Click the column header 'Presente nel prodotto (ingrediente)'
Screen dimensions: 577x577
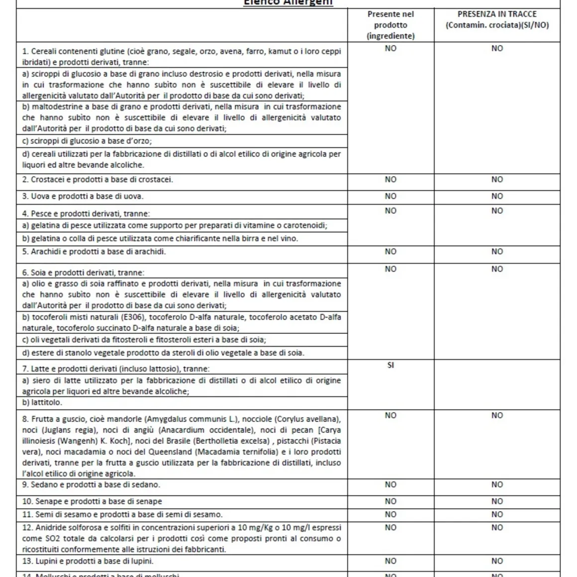coord(390,25)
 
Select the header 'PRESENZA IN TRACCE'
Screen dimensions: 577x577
coord(497,14)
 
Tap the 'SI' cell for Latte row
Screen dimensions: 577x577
coord(390,365)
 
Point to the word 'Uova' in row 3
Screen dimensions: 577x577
coord(40,196)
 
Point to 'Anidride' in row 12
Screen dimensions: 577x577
coord(51,527)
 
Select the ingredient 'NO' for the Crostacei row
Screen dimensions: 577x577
coord(390,180)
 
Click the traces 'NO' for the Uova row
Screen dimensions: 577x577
coord(497,196)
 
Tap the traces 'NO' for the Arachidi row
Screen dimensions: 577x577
coord(497,252)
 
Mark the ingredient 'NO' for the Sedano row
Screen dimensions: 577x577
coord(390,484)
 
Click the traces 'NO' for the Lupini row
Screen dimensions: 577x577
coord(497,561)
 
